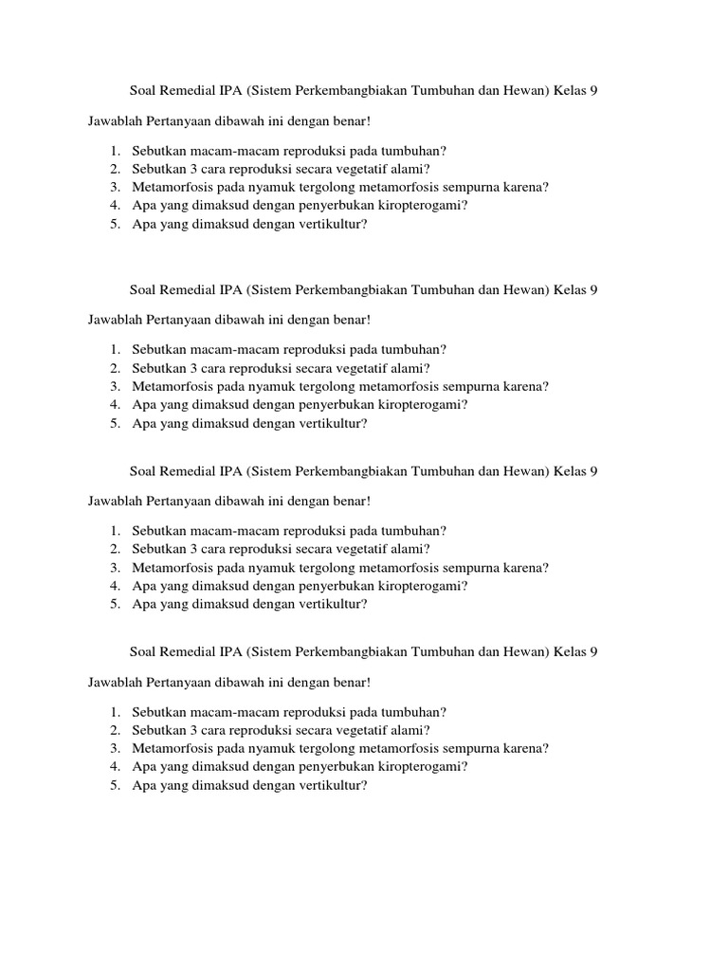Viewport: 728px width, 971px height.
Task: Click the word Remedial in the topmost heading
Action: click(187, 91)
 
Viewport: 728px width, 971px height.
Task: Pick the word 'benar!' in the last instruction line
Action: click(350, 682)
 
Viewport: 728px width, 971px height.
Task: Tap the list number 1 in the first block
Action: click(114, 151)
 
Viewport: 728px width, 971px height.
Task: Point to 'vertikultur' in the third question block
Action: click(333, 603)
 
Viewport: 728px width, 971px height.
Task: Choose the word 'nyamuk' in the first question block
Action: click(273, 187)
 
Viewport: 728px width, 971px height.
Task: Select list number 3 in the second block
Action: click(114, 386)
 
